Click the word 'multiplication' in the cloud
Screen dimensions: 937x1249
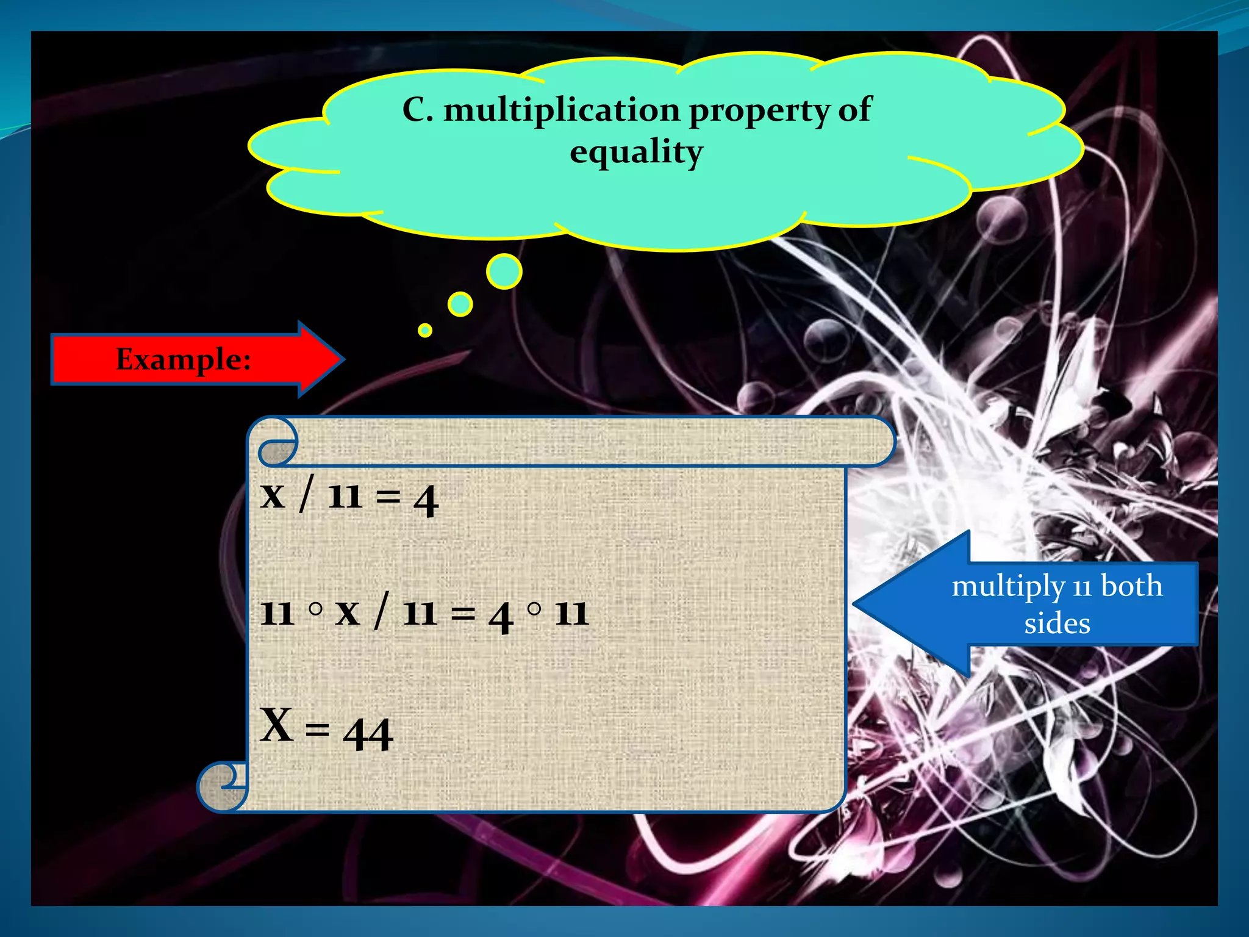click(561, 110)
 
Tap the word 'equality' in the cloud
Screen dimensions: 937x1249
click(636, 152)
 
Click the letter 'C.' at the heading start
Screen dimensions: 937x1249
click(418, 110)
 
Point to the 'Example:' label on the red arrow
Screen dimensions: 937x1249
click(184, 359)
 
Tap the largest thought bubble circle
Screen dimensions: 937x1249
click(504, 271)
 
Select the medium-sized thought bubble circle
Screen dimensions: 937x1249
click(460, 304)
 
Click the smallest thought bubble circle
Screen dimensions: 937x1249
click(425, 330)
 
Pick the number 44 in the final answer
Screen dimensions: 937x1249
click(368, 733)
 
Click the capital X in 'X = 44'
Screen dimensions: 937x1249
click(276, 725)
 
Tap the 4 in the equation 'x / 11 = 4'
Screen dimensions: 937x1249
click(426, 500)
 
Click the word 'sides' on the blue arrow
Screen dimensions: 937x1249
click(1057, 623)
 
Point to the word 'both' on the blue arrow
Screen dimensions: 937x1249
click(1131, 586)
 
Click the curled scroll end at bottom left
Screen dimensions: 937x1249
click(221, 787)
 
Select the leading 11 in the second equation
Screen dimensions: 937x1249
click(277, 613)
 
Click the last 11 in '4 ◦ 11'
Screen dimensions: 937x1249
click(571, 613)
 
